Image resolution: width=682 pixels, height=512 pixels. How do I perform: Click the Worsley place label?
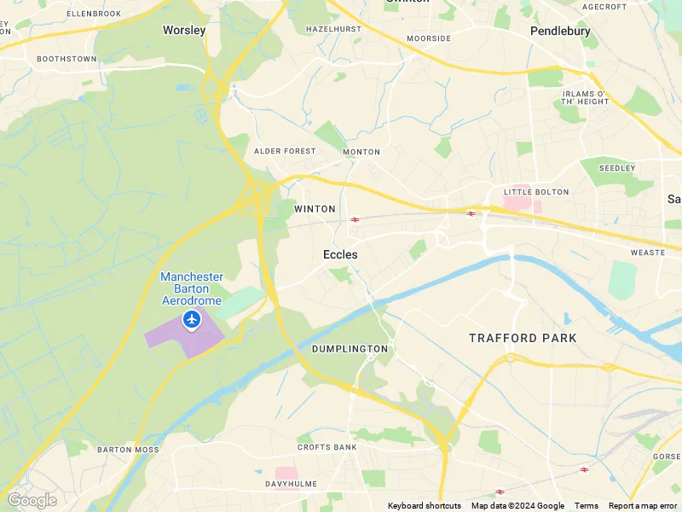[x=184, y=30]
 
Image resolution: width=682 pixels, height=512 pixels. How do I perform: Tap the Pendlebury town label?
[x=560, y=31]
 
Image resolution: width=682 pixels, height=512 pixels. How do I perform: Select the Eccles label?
[x=340, y=254]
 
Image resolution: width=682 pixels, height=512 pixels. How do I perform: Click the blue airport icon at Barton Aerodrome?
[x=192, y=320]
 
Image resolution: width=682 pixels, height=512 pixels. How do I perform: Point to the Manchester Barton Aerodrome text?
[x=192, y=288]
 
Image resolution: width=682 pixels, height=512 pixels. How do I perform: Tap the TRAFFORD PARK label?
[x=523, y=338]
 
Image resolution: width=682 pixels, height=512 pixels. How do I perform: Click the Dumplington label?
[x=350, y=349]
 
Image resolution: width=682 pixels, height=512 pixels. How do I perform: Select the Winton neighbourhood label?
[x=315, y=209]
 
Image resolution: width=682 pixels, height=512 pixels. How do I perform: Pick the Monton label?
[x=361, y=152]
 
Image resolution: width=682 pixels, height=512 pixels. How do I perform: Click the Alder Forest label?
[x=285, y=151]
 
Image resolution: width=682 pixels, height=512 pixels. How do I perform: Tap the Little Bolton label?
[x=529, y=192]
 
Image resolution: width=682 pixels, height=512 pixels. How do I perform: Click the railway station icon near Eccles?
[x=355, y=219]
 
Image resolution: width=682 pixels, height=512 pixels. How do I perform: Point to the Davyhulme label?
[x=291, y=484]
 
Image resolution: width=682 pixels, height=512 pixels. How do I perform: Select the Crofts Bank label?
[x=327, y=447]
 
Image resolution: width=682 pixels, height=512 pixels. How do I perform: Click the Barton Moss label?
[x=128, y=450]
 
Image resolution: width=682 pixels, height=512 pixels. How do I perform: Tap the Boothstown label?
[x=66, y=59]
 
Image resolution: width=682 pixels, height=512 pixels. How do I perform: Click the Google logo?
[x=32, y=500]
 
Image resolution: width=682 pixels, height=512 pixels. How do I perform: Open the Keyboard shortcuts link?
[x=424, y=506]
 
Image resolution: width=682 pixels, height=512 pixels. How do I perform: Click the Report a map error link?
[x=644, y=506]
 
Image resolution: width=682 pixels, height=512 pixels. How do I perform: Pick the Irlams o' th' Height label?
[x=585, y=97]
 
